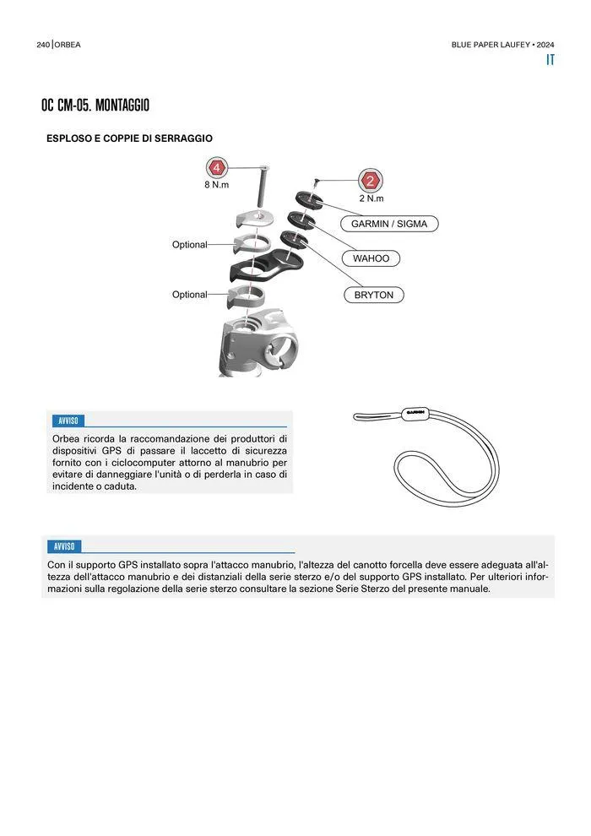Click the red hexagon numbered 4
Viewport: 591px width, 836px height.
click(218, 167)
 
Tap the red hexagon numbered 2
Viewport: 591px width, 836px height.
click(371, 181)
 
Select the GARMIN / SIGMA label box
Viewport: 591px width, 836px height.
click(389, 224)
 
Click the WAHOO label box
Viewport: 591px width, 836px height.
click(371, 258)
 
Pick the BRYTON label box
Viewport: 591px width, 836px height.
click(374, 295)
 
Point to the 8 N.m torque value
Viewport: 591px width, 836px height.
click(216, 185)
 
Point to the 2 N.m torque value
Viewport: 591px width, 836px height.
click(371, 198)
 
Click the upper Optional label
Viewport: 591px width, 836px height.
click(189, 245)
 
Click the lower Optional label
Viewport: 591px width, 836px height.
click(189, 295)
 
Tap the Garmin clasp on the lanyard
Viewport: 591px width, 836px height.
click(414, 413)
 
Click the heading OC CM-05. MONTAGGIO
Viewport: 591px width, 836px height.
click(95, 106)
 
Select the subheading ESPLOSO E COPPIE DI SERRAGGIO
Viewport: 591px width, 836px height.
click(129, 138)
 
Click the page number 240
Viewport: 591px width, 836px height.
click(44, 45)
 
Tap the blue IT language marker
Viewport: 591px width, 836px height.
click(550, 60)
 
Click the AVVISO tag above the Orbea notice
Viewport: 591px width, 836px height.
click(68, 421)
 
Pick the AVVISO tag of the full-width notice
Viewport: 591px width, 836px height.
click(63, 546)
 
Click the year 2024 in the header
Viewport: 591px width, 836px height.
click(545, 45)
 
